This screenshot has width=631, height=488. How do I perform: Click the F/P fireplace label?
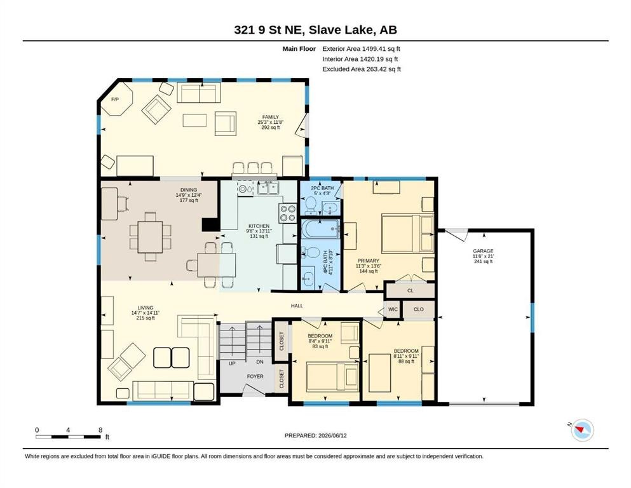(114, 99)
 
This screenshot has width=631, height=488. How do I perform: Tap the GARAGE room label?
(483, 251)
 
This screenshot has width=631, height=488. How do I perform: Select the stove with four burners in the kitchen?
(287, 213)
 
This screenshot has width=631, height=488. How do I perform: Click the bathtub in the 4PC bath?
(321, 229)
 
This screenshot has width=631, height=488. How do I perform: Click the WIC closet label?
(393, 309)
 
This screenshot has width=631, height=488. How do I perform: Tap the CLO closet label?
(419, 309)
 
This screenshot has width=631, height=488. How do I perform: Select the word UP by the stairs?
(232, 363)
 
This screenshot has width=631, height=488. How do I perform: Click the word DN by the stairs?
(260, 362)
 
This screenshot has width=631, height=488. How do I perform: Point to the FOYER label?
(255, 377)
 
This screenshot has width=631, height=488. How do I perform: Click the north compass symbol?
(581, 430)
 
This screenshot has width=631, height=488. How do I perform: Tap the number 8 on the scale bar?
(100, 430)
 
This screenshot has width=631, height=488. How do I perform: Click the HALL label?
(297, 306)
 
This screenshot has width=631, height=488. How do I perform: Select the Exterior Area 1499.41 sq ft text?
(361, 49)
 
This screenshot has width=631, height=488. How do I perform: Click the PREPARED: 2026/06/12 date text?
(315, 435)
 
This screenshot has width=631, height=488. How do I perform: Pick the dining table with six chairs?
(150, 237)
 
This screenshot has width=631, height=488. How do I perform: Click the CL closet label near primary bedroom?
(410, 290)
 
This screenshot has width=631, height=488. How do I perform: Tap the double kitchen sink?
(268, 188)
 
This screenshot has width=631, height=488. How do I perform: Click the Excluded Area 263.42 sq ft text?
(362, 69)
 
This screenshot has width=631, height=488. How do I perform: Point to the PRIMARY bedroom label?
(368, 261)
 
